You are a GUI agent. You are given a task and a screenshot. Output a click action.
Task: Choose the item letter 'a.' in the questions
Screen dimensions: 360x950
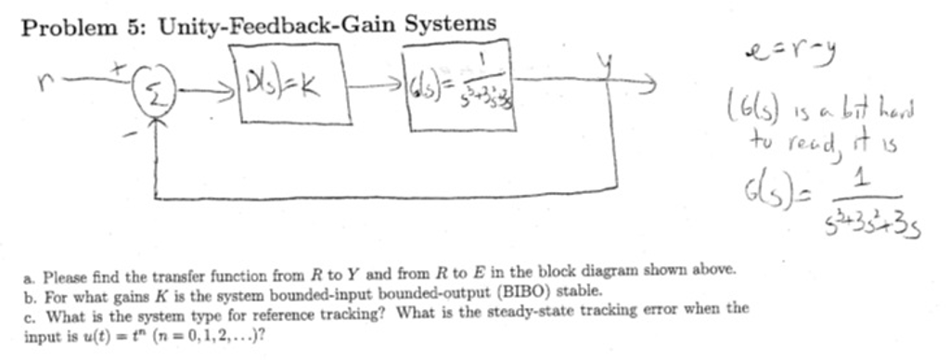(x=31, y=276)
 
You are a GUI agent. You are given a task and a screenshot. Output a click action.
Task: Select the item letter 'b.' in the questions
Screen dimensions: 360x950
(x=31, y=293)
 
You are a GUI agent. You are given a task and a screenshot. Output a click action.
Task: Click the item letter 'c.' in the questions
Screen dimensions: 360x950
(x=30, y=312)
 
